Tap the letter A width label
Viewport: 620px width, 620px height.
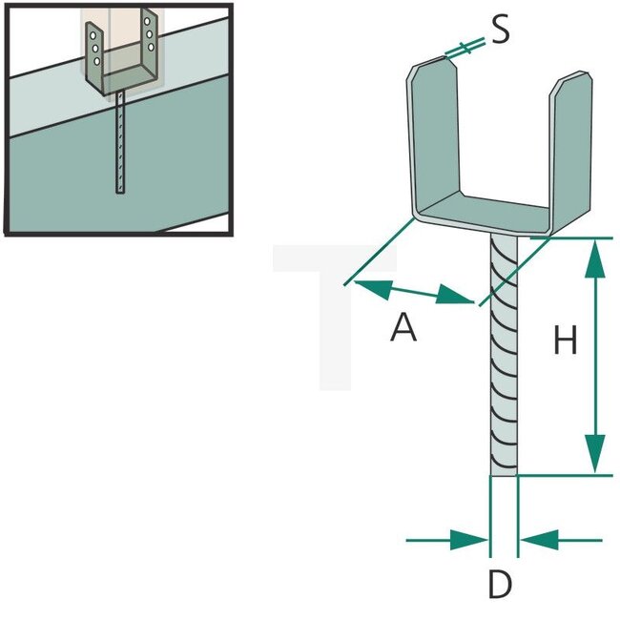tap(403, 327)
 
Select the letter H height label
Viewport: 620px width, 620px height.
tap(566, 341)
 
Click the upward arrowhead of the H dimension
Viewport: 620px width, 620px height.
tap(594, 258)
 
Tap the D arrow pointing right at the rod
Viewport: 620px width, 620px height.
tap(468, 540)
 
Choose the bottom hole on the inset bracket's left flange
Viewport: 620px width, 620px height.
tap(97, 60)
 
